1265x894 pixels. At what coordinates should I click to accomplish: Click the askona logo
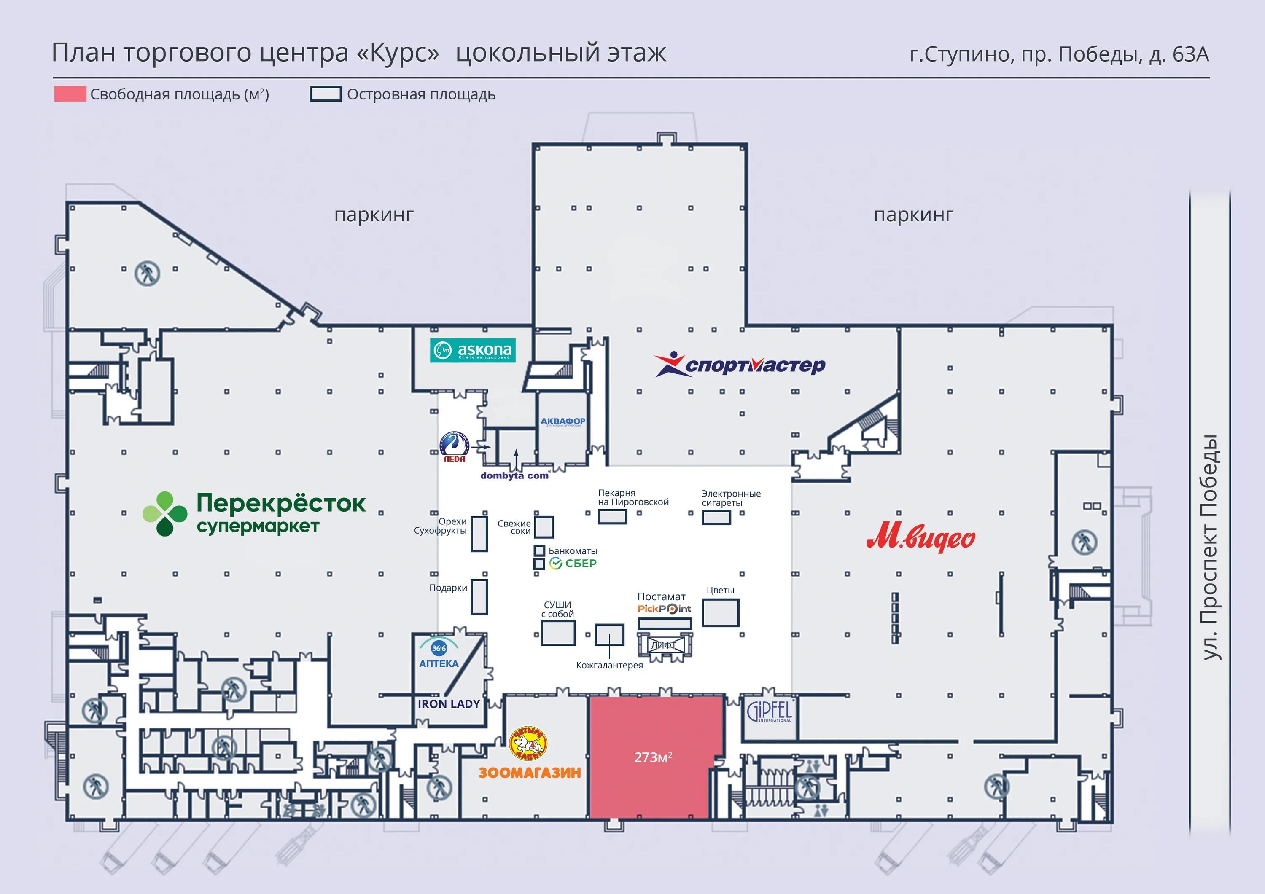pos(473,350)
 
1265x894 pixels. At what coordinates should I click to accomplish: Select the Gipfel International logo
pos(769,711)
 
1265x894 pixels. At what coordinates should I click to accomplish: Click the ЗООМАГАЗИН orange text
pos(530,773)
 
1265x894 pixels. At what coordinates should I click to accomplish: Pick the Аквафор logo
pos(563,422)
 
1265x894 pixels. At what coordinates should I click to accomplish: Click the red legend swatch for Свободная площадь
pos(70,94)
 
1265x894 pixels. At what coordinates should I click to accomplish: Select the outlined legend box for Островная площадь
pos(325,94)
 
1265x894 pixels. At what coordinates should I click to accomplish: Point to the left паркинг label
pos(374,214)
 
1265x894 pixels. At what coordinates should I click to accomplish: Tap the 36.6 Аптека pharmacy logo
pos(439,653)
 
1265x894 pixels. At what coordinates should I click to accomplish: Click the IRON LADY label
pos(449,704)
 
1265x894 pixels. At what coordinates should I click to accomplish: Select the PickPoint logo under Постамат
pos(664,609)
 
